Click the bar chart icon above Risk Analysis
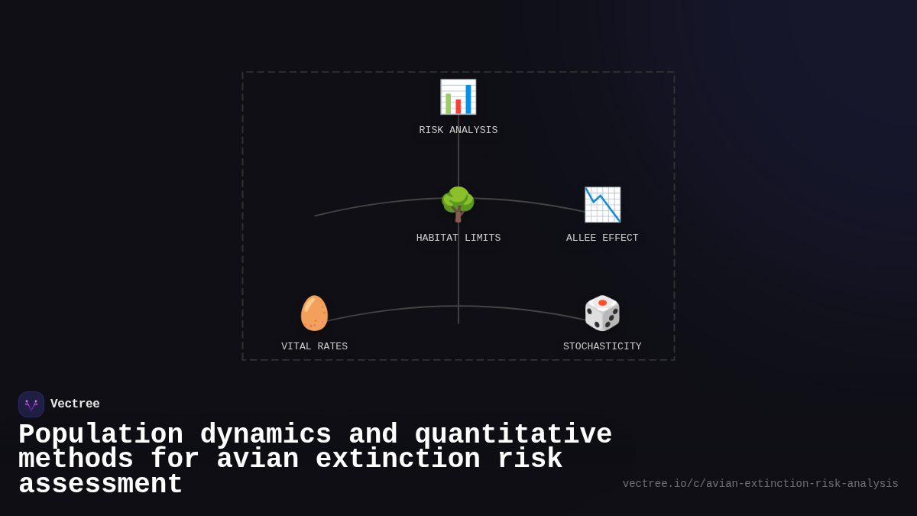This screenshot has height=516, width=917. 458,97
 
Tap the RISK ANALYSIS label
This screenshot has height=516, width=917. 458,131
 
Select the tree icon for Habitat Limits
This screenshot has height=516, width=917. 458,205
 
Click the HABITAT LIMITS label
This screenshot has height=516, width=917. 458,239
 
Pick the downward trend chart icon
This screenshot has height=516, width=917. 602,205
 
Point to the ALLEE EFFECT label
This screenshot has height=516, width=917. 602,239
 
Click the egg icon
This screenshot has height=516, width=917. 314,313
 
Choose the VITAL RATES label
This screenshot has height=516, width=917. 314,347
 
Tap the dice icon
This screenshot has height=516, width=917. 602,313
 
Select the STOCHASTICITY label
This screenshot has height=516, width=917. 602,347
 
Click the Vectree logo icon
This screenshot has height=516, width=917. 31,404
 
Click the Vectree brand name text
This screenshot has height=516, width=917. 75,404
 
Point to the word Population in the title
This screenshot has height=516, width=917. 101,435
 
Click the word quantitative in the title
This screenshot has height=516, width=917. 513,435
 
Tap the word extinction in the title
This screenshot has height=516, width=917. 397,459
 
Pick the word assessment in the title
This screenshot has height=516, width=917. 101,485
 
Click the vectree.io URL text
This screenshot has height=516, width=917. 760,484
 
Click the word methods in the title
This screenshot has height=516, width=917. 76,459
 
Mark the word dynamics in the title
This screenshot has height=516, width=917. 265,435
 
